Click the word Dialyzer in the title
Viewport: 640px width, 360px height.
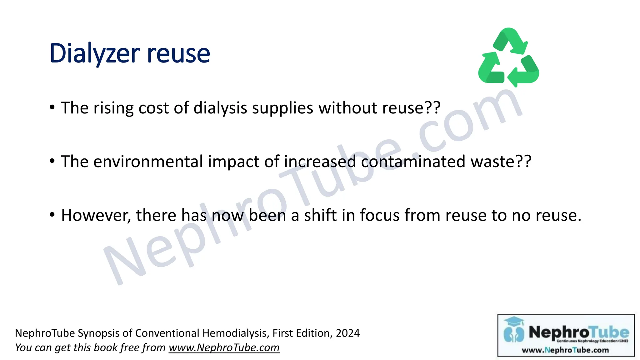[94, 54]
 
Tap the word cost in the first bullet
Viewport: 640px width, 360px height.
[154, 108]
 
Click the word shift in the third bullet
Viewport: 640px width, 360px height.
[320, 215]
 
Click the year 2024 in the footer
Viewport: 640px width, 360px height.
[348, 333]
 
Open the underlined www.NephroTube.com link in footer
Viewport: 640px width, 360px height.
[224, 347]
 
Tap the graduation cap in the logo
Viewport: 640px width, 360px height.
[514, 321]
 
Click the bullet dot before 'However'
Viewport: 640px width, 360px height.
[52, 215]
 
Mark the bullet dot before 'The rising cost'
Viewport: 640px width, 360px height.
[52, 107]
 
